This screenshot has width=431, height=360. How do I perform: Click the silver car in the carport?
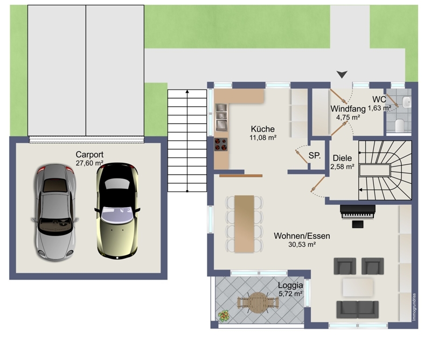click(55, 212)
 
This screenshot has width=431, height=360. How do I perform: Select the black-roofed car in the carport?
click(117, 211)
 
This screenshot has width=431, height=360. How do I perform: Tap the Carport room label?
click(89, 155)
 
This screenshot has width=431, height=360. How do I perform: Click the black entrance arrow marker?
click(342, 74)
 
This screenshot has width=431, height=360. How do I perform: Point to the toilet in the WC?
click(399, 126)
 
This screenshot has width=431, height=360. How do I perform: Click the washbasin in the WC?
click(407, 102)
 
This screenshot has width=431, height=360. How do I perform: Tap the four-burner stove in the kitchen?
click(221, 144)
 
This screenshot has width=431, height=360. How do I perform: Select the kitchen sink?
click(221, 117)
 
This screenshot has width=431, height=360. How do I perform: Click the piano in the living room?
click(358, 212)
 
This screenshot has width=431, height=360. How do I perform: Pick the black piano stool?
click(358, 224)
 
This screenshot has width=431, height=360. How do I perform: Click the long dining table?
click(244, 224)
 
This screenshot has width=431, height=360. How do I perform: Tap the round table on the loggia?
click(258, 302)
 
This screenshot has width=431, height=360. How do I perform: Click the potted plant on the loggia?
click(224, 316)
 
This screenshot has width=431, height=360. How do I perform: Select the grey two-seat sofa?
click(357, 309)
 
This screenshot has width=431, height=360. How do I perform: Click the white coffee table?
click(358, 287)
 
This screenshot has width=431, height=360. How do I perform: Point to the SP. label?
click(315, 156)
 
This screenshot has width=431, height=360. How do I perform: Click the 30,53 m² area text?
click(302, 244)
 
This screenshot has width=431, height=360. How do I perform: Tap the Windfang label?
click(348, 109)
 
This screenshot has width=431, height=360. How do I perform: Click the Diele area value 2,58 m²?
click(342, 167)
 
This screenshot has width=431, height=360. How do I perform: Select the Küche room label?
click(263, 129)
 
